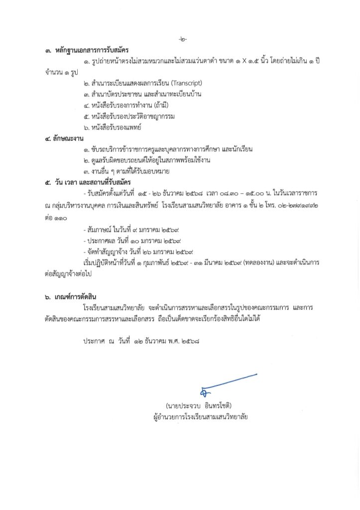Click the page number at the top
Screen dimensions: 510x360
(x=182, y=39)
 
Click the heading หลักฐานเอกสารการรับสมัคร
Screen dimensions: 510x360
(x=83, y=50)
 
